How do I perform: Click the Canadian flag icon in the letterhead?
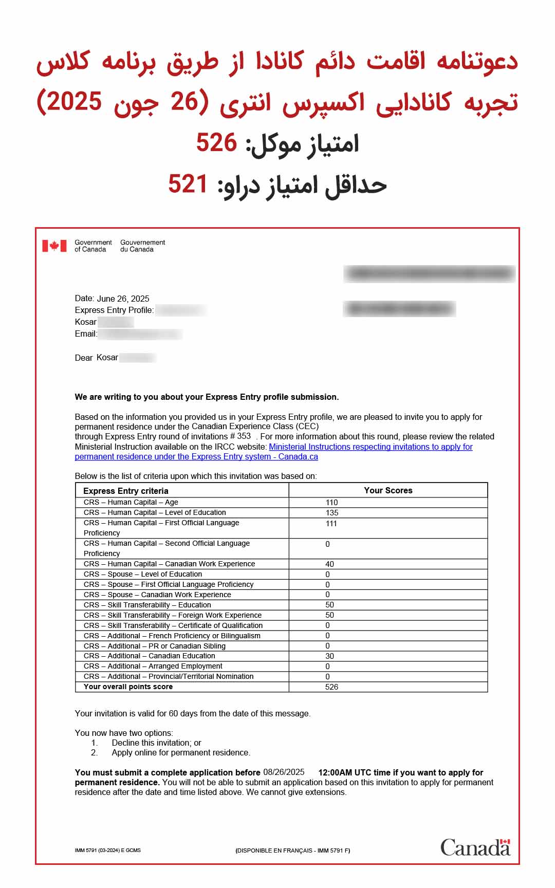(54, 246)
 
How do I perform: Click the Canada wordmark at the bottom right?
(475, 847)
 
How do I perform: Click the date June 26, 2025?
(123, 299)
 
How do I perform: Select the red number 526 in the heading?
(216, 142)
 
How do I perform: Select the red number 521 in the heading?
(188, 184)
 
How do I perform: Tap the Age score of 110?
(331, 503)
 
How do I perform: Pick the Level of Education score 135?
(332, 513)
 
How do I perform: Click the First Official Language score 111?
(331, 524)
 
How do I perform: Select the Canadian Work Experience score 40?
(329, 564)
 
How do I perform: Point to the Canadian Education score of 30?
(329, 656)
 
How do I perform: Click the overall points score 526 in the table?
(331, 687)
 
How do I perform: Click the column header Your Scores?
(388, 490)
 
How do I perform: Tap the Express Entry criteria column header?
(126, 491)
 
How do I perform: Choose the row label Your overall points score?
(128, 687)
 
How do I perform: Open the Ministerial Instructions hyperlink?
(370, 447)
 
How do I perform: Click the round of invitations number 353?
(244, 436)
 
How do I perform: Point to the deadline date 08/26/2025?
(284, 772)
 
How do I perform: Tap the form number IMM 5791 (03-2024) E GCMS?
(107, 850)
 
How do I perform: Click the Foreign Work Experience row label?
(173, 615)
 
